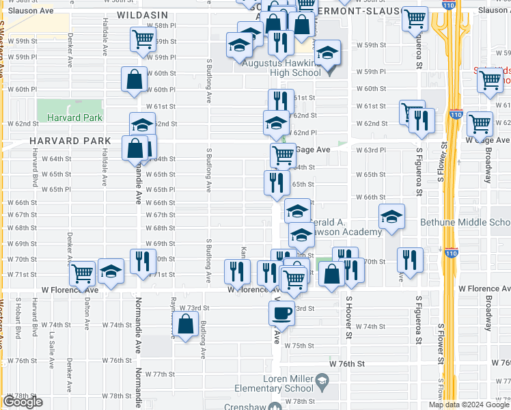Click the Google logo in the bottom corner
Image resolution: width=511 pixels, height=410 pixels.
pos(23,402)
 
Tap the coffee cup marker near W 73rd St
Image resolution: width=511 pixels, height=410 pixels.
pos(281,314)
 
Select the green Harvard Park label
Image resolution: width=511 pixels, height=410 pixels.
pos(74,118)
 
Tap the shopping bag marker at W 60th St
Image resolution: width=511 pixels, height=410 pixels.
pos(135,79)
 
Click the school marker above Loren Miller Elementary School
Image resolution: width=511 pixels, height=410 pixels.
pos(321,380)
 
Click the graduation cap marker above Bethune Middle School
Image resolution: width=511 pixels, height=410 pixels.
pos(391,217)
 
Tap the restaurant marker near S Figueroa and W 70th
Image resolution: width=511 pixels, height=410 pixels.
pos(410,260)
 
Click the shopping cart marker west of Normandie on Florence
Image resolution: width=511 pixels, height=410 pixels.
pos(83,273)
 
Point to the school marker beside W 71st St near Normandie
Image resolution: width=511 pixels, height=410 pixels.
pos(111,271)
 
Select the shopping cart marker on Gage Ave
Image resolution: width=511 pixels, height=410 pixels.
pos(282,155)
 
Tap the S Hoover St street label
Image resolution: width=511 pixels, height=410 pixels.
pos(348,317)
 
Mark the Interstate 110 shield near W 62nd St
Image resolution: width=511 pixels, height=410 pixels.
pos(456,115)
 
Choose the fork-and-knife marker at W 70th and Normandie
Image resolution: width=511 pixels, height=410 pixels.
pos(143,261)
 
